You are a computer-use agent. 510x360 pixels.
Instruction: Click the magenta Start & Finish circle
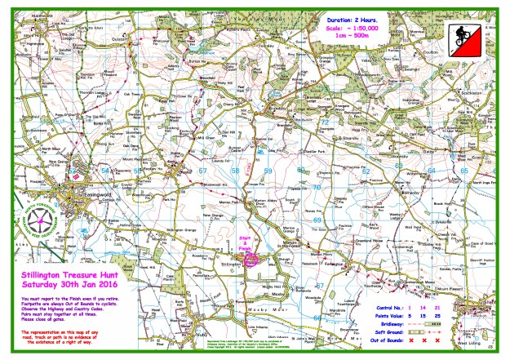pyautogui.click(x=252, y=258)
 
